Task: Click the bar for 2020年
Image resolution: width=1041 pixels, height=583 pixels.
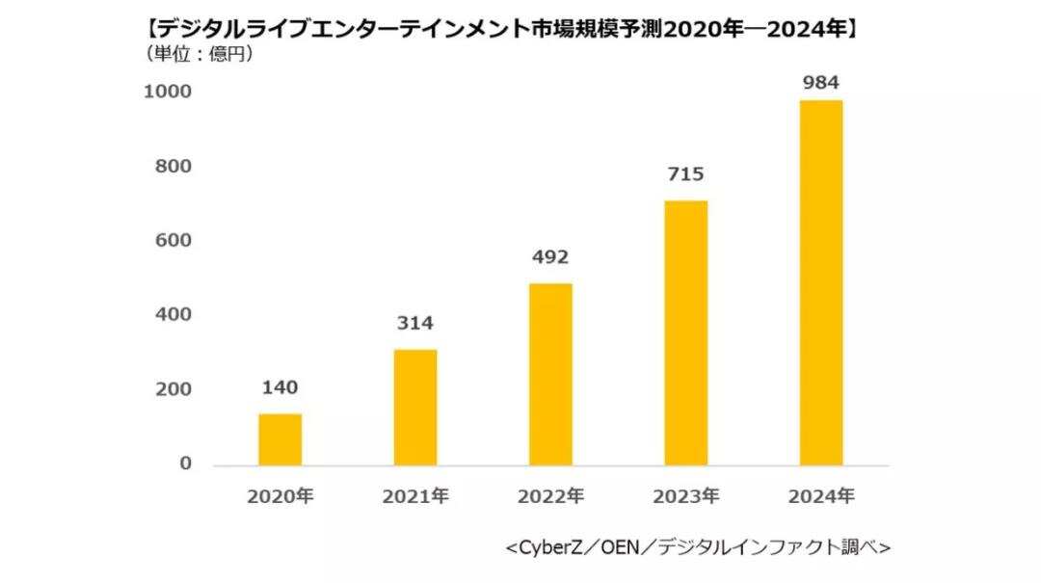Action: [x=280, y=439]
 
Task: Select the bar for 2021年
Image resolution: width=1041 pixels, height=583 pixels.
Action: [x=415, y=407]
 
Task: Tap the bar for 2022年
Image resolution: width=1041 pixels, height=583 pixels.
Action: [x=550, y=374]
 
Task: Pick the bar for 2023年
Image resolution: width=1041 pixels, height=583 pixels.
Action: [x=685, y=332]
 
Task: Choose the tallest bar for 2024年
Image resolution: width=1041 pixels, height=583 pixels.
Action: [x=821, y=282]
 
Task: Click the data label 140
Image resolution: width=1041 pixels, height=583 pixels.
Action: [x=280, y=388]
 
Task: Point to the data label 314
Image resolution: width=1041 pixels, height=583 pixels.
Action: [x=415, y=324]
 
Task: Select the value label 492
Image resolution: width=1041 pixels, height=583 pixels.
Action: [x=550, y=257]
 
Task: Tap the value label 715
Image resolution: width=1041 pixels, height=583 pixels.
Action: [x=685, y=174]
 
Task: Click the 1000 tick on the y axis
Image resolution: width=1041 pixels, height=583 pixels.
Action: [x=168, y=92]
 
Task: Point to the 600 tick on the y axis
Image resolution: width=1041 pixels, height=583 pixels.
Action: [x=173, y=241]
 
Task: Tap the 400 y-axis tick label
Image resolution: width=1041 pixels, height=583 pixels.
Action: [x=173, y=315]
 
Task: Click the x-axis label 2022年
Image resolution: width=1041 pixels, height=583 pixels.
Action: [x=550, y=497]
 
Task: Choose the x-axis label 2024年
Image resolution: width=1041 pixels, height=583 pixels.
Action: [x=821, y=497]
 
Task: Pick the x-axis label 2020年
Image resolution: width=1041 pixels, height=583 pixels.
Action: [x=280, y=497]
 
